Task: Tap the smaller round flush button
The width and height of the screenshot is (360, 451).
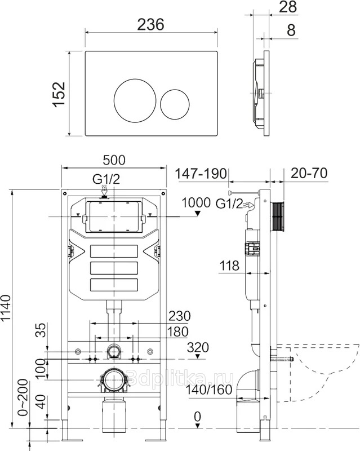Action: tap(175, 102)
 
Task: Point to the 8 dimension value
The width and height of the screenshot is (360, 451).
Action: tap(291, 30)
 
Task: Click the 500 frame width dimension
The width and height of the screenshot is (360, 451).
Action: tap(114, 160)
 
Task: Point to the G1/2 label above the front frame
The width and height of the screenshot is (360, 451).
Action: tap(106, 180)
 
